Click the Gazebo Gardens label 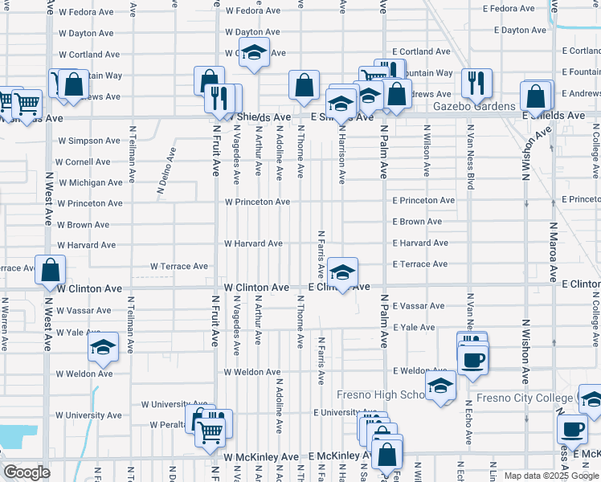[473, 106]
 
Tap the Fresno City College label [525, 398]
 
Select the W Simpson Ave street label [88, 141]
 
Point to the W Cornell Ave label [84, 161]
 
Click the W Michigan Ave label [90, 182]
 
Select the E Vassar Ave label [419, 306]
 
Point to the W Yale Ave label [80, 332]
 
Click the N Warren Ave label [5, 325]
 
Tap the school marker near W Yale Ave [103, 346]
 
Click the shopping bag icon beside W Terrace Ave [50, 270]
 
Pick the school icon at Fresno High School [440, 387]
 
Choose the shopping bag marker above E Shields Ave [536, 96]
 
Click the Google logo [27, 472]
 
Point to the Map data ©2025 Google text [550, 476]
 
